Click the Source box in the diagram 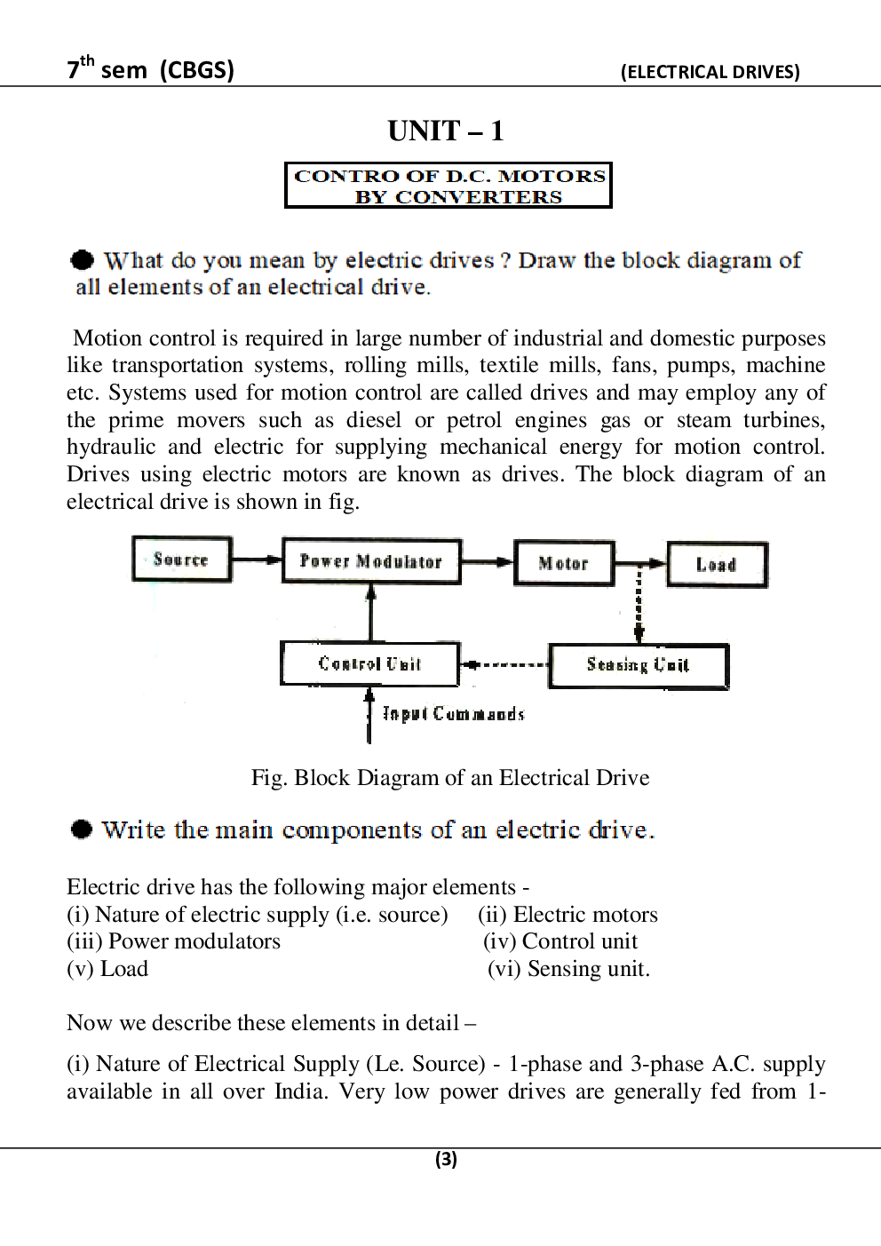(182, 559)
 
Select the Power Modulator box (371, 560)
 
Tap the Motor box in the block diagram (564, 563)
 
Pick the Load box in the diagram (718, 565)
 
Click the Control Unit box (369, 663)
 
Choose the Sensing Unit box (639, 666)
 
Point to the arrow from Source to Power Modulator (258, 560)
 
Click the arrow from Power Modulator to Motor (488, 562)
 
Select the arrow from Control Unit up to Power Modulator (371, 613)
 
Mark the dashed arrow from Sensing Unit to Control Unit (504, 664)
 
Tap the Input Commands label (453, 714)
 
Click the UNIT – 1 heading (446, 131)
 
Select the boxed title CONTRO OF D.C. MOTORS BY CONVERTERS (448, 186)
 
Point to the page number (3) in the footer (446, 1159)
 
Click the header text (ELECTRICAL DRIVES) (710, 72)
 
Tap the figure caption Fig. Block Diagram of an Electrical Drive (450, 778)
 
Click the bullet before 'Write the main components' (81, 829)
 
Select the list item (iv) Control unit (560, 941)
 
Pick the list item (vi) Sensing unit (569, 968)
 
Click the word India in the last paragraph (300, 1091)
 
